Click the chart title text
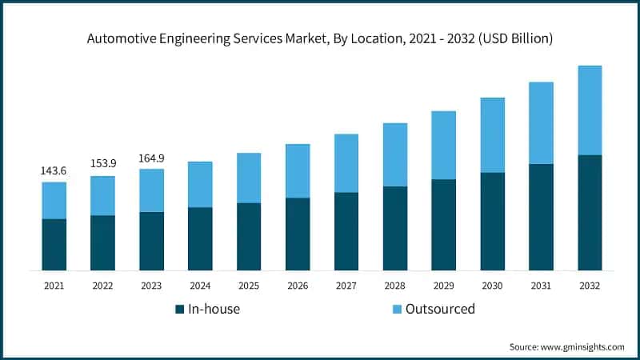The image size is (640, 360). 319,37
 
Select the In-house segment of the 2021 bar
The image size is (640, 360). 54,244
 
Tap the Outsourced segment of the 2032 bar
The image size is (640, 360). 590,110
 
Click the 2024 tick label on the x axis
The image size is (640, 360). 200,286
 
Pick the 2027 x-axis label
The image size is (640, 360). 346,286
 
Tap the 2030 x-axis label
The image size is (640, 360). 492,286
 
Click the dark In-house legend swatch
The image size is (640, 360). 181,310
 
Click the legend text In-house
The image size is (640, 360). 214,310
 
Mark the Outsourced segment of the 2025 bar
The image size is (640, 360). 249,178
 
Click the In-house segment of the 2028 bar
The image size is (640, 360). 395,228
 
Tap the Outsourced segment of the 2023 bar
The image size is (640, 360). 151,190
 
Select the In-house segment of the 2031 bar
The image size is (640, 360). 541,217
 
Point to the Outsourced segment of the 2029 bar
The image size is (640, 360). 444,145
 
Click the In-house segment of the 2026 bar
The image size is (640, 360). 298,234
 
